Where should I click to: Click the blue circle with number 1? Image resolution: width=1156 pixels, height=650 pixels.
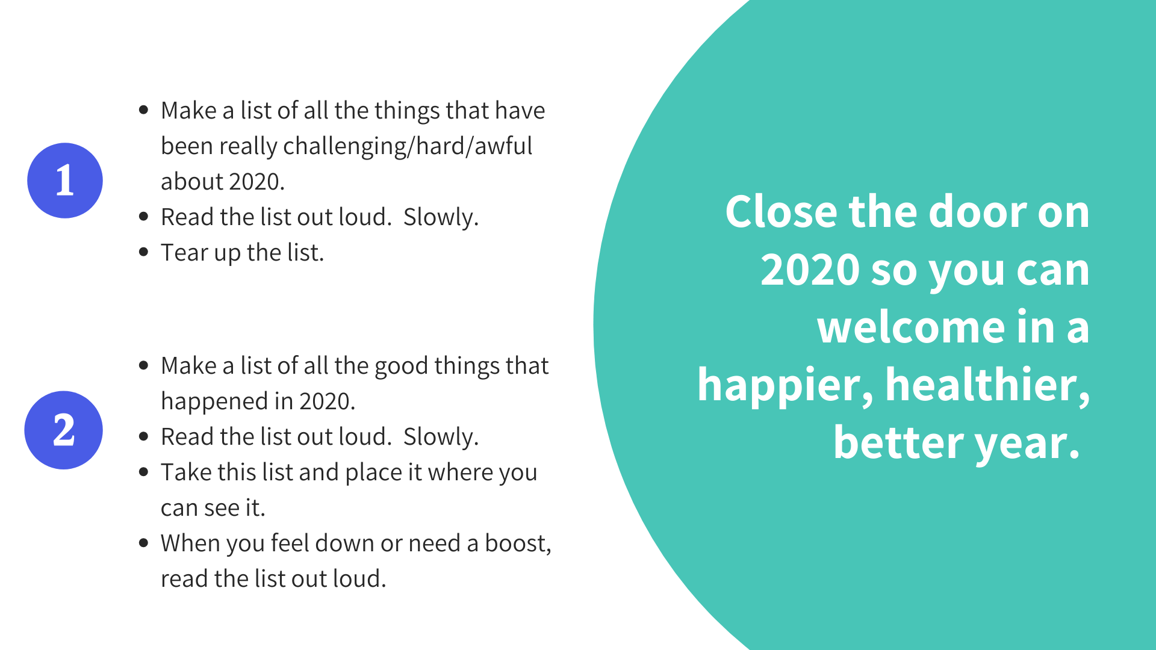coord(65,181)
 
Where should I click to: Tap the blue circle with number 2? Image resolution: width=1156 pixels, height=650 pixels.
coord(64,430)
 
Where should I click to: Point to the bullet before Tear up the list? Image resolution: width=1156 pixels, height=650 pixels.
coord(143,252)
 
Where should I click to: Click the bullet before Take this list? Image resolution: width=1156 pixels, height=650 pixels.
coord(143,471)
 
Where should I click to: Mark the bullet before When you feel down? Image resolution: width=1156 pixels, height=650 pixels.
coord(143,542)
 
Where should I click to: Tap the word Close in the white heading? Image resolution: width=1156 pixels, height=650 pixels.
coord(782,212)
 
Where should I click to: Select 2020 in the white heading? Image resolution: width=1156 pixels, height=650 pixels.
coord(810,270)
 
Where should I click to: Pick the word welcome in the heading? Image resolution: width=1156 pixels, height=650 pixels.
coord(911,327)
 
